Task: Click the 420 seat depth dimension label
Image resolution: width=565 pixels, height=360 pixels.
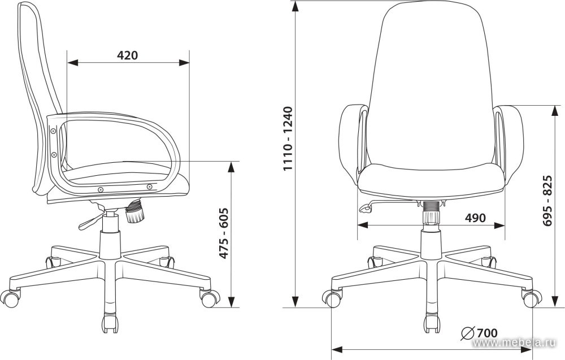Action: pyautogui.click(x=128, y=55)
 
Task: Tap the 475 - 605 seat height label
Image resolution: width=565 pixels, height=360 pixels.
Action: pyautogui.click(x=224, y=233)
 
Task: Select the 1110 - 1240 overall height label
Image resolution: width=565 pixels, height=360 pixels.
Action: pyautogui.click(x=289, y=138)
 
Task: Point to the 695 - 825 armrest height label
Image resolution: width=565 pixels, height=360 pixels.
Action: pyautogui.click(x=547, y=201)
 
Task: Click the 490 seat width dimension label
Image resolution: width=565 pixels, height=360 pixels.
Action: pyautogui.click(x=475, y=218)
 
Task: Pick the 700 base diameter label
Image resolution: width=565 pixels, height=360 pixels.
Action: pyautogui.click(x=487, y=333)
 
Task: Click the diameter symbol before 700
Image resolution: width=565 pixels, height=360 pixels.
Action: pyautogui.click(x=467, y=333)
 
